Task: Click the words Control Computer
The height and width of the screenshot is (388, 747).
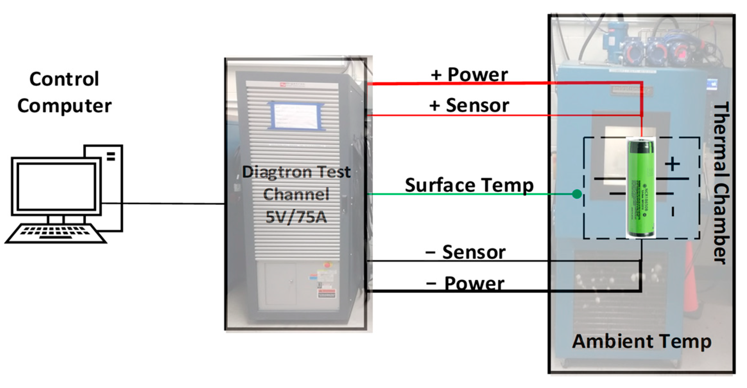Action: (x=64, y=92)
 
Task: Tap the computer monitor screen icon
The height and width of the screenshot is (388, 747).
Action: (x=56, y=186)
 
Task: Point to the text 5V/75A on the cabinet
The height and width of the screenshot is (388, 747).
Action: (x=296, y=217)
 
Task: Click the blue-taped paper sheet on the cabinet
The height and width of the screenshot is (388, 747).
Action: (x=296, y=116)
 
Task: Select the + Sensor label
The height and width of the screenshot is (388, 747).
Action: (x=469, y=105)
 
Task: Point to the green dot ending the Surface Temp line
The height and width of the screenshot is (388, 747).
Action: (x=577, y=194)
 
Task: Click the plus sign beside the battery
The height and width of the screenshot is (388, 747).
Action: (x=673, y=164)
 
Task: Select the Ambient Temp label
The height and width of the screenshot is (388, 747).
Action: (x=642, y=341)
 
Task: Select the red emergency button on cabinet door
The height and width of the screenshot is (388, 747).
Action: (x=327, y=265)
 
